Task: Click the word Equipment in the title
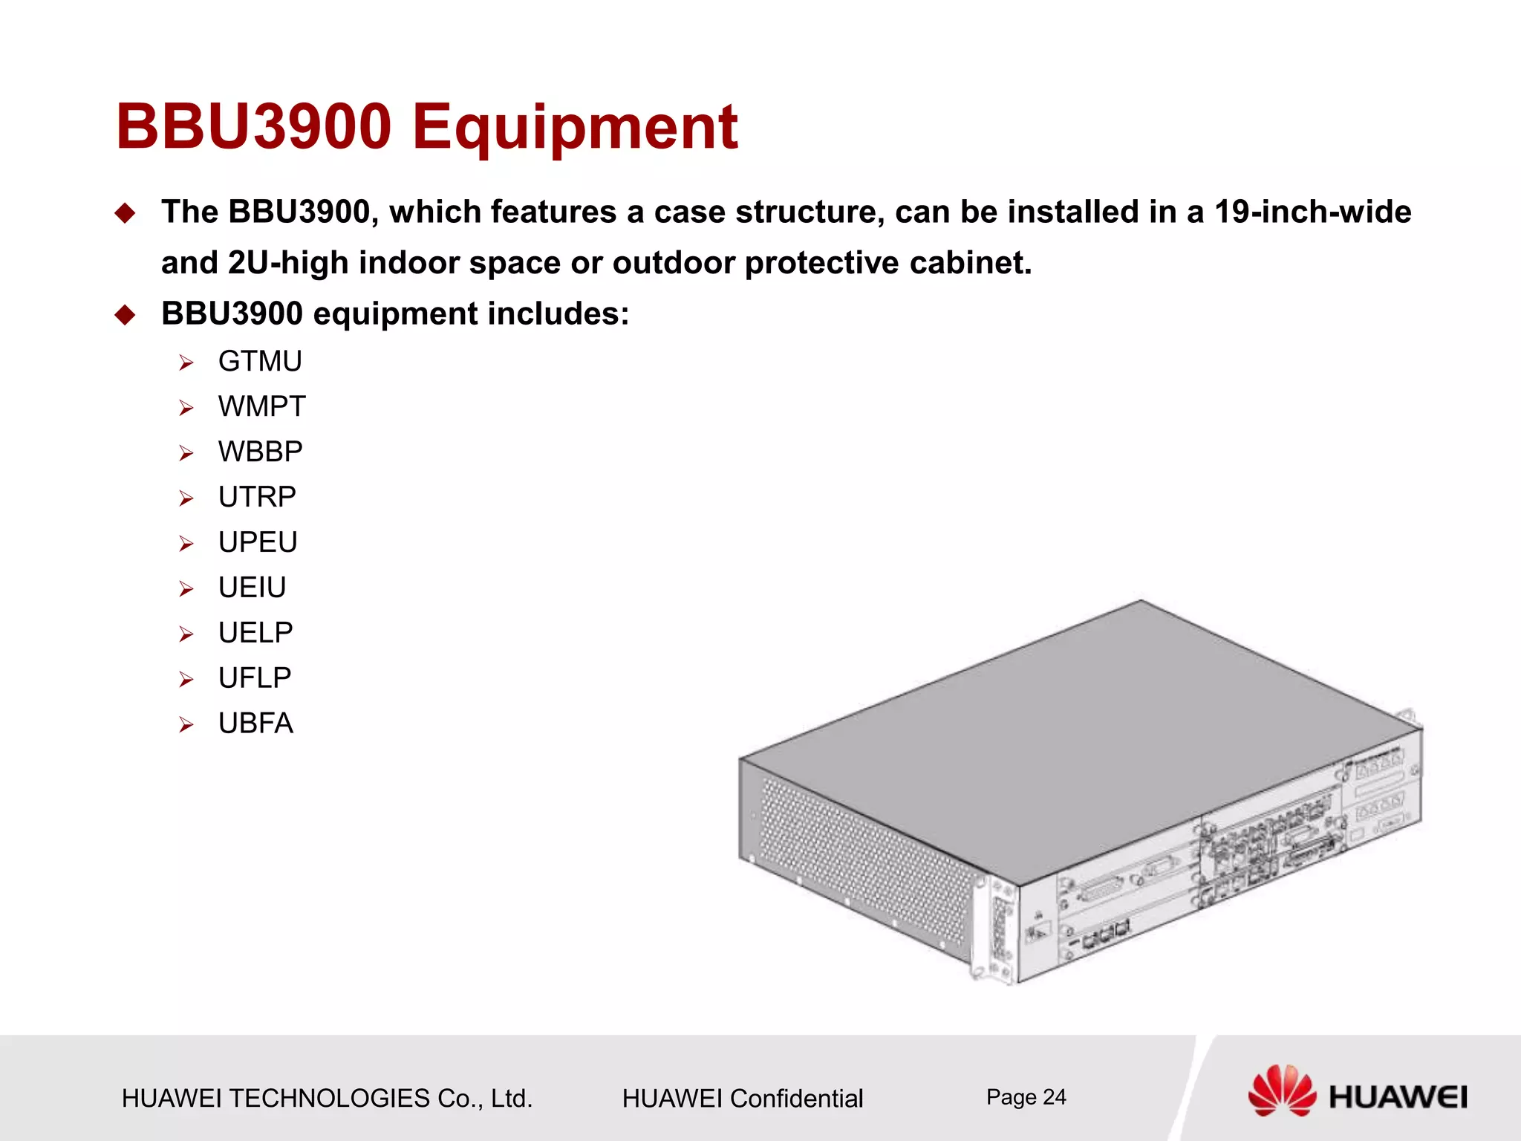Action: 575,128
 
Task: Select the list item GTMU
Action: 260,362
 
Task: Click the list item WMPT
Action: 261,407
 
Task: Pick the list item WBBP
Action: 260,452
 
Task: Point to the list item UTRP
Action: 257,497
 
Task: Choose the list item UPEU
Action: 258,542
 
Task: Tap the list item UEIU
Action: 252,588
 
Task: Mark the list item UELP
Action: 255,633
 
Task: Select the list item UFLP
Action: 255,678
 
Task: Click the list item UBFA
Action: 255,724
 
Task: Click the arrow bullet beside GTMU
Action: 186,363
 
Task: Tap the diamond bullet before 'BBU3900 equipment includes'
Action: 126,315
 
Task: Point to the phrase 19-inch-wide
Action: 1312,212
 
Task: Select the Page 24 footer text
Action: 1026,1097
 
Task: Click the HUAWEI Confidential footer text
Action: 742,1099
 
